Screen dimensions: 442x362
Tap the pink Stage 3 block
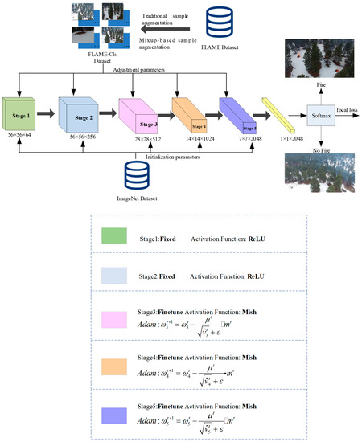coord(141,115)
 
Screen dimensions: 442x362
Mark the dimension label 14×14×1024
coord(193,137)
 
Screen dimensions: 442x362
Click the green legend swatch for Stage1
coord(116,238)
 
